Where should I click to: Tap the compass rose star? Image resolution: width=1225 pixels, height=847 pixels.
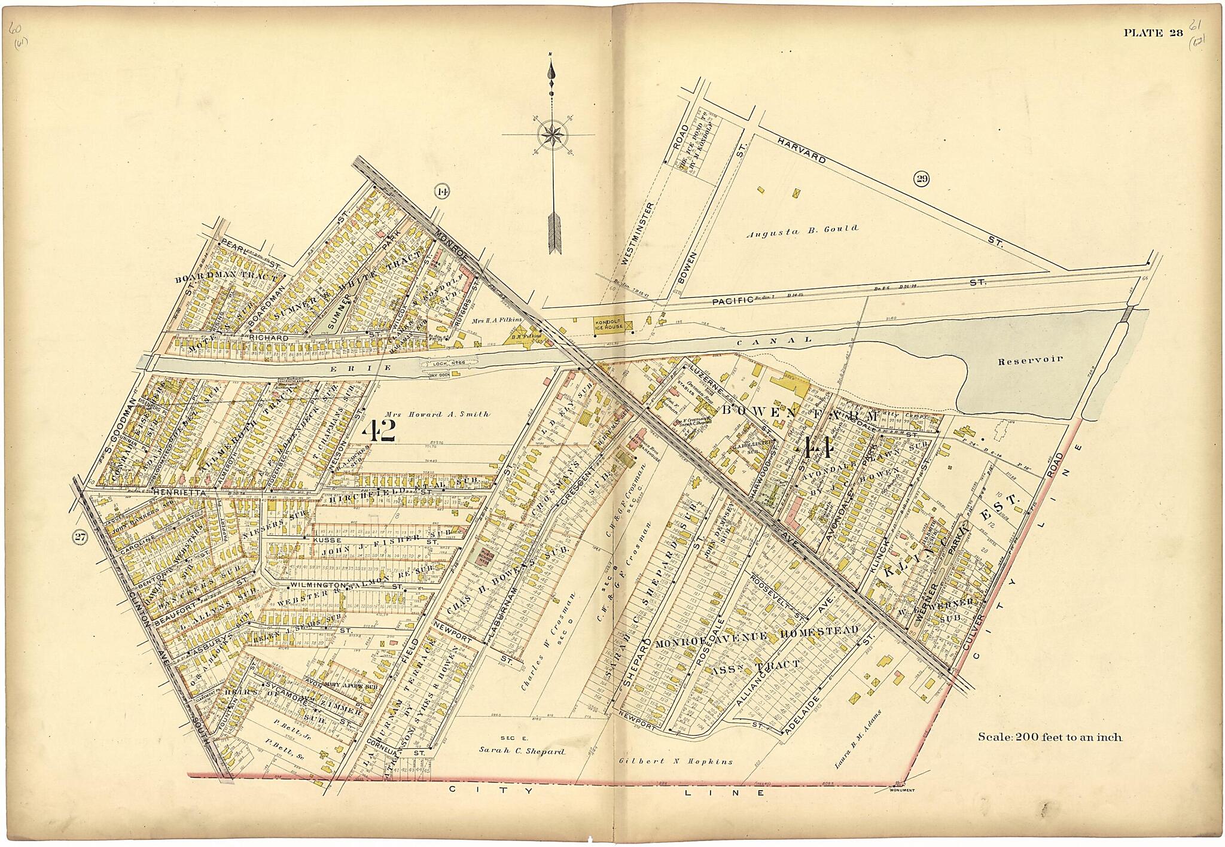coord(548,133)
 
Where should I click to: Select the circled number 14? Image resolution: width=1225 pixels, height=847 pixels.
coord(442,192)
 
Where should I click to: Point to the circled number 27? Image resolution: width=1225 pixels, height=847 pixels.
coord(80,538)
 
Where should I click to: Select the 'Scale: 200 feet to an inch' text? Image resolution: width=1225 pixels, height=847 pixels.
coord(1050,738)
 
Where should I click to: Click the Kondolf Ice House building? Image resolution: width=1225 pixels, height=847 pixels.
coord(608,324)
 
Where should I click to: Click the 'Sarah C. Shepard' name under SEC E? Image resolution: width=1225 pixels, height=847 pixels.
coord(521,750)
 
